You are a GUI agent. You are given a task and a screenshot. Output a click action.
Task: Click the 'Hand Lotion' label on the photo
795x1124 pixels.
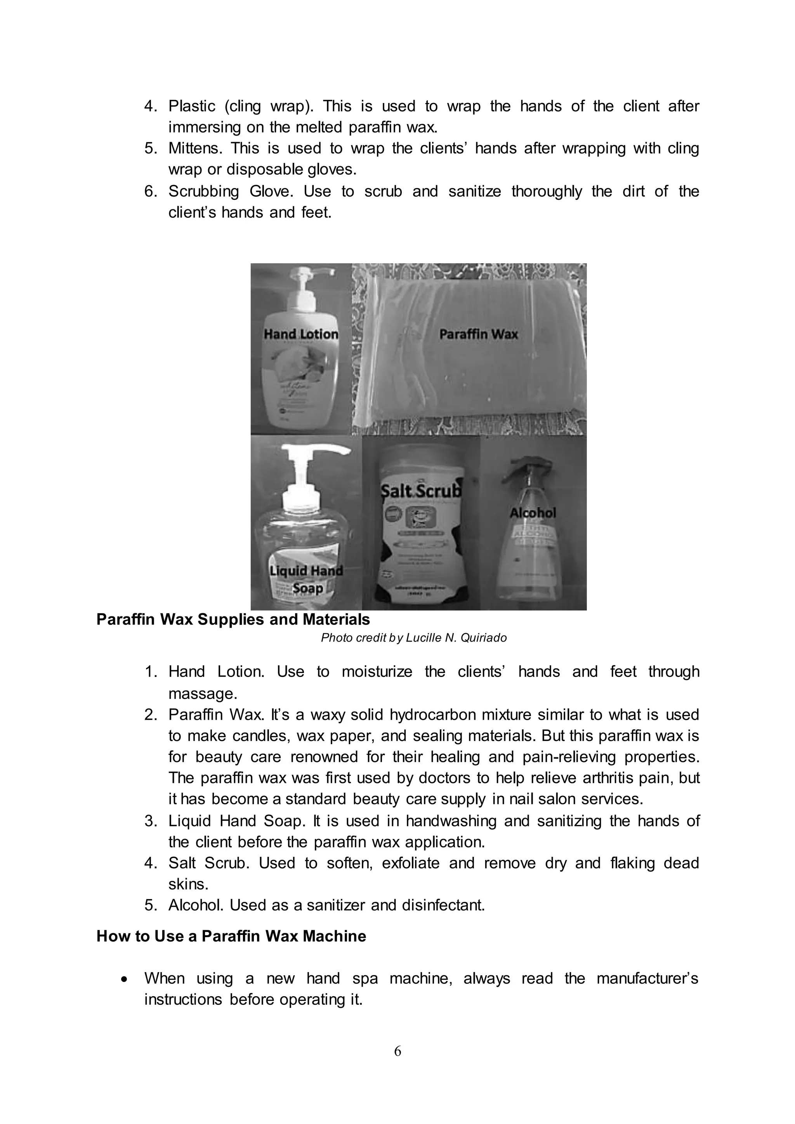click(x=300, y=334)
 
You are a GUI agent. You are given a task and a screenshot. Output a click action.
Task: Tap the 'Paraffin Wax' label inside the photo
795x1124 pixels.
click(x=478, y=334)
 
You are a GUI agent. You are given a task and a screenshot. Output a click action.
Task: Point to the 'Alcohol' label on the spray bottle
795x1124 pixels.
click(x=533, y=513)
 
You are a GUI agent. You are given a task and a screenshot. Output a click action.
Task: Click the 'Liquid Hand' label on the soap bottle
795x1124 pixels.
click(x=306, y=571)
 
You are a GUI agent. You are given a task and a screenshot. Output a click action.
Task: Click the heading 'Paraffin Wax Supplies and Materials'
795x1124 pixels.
click(x=233, y=619)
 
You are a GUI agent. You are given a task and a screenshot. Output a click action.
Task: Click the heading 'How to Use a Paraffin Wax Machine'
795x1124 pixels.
click(x=231, y=936)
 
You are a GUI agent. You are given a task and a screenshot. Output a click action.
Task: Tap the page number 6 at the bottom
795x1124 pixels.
click(x=397, y=1051)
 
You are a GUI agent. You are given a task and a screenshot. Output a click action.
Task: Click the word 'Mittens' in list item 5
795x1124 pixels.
click(x=195, y=148)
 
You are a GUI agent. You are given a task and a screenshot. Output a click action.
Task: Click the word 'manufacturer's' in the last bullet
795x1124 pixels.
click(x=647, y=978)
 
